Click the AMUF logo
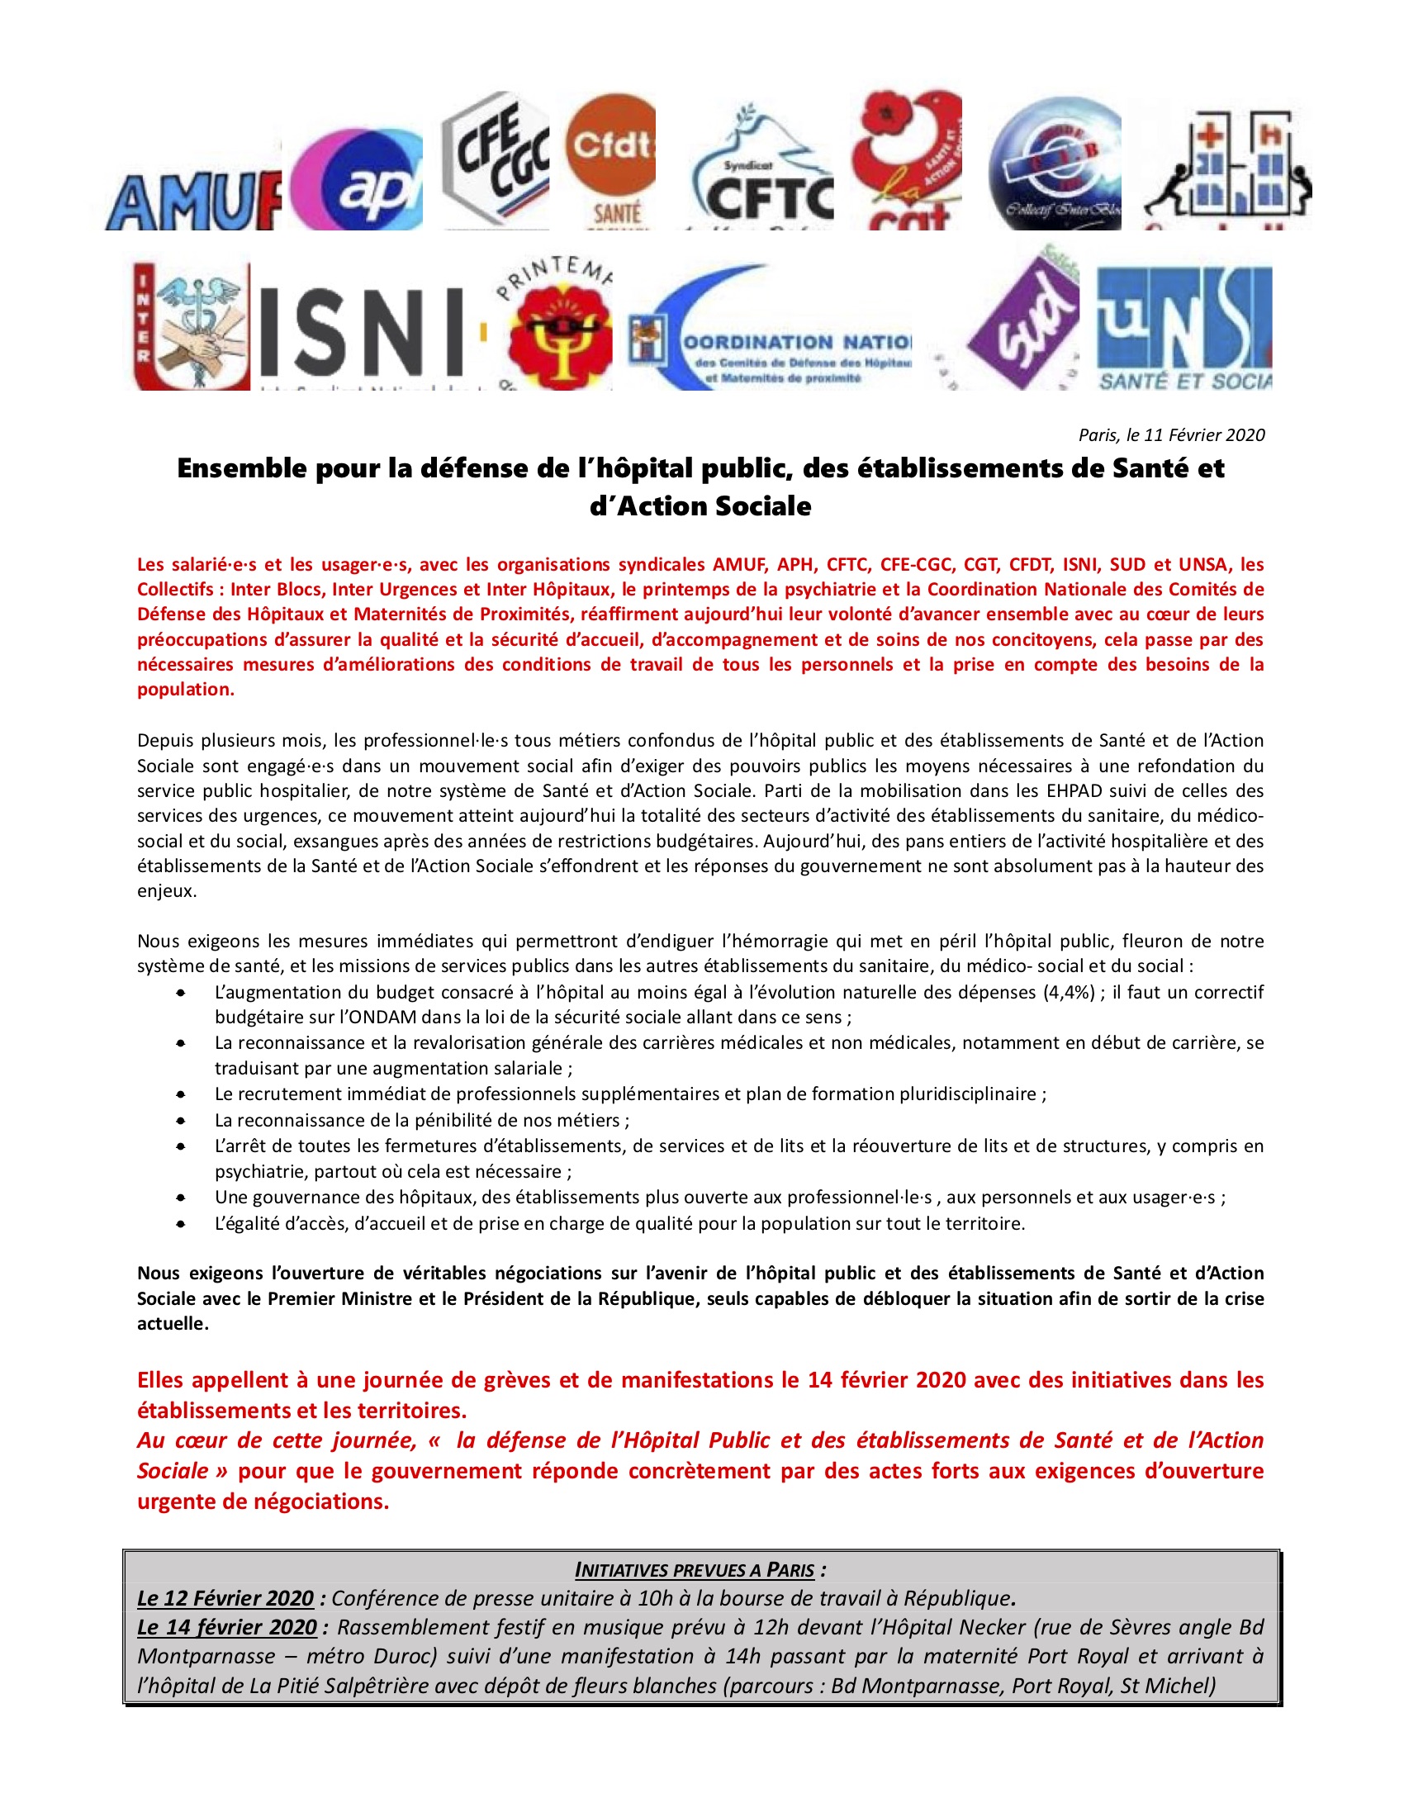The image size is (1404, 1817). pos(193,202)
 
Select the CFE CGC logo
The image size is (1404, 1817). pos(495,158)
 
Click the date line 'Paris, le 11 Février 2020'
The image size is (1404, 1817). pos(1171,435)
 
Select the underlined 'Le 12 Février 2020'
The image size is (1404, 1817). pos(225,1598)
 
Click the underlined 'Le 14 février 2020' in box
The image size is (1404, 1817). pos(227,1627)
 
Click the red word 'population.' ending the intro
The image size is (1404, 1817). pos(186,689)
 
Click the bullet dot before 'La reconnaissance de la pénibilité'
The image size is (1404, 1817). pos(181,1121)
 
